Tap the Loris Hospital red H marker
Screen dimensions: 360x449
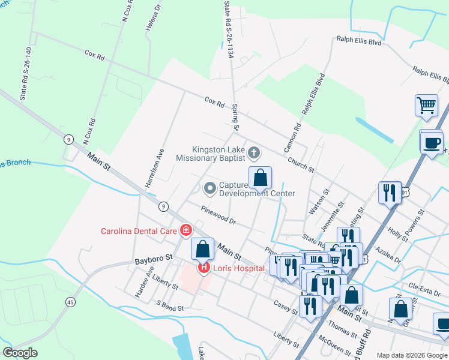pos(203,268)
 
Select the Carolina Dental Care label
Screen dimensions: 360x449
pos(139,230)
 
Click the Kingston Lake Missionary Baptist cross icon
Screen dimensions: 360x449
pos(253,154)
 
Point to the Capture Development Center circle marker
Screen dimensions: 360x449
pos(210,188)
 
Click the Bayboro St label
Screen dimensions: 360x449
pos(154,257)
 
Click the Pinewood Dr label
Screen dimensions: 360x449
pos(218,215)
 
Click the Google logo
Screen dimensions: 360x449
pos(20,353)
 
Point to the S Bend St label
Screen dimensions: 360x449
pos(169,307)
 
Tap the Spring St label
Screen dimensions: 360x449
pos(235,118)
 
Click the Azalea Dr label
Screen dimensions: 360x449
pos(389,253)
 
